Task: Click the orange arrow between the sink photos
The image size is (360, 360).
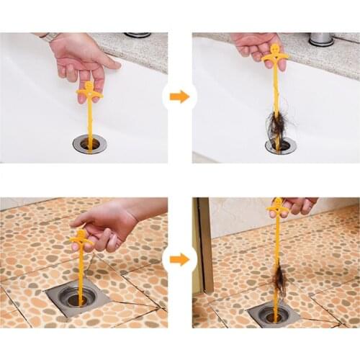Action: pyautogui.click(x=179, y=96)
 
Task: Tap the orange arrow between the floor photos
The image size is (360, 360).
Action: pyautogui.click(x=179, y=259)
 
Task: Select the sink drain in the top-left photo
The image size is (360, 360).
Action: pyautogui.click(x=89, y=143)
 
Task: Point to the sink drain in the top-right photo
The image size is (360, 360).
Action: pyautogui.click(x=280, y=145)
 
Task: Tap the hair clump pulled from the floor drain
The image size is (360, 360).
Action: pyautogui.click(x=279, y=280)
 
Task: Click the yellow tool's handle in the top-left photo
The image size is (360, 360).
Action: pyautogui.click(x=89, y=91)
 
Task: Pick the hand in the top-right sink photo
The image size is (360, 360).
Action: pyautogui.click(x=256, y=45)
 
